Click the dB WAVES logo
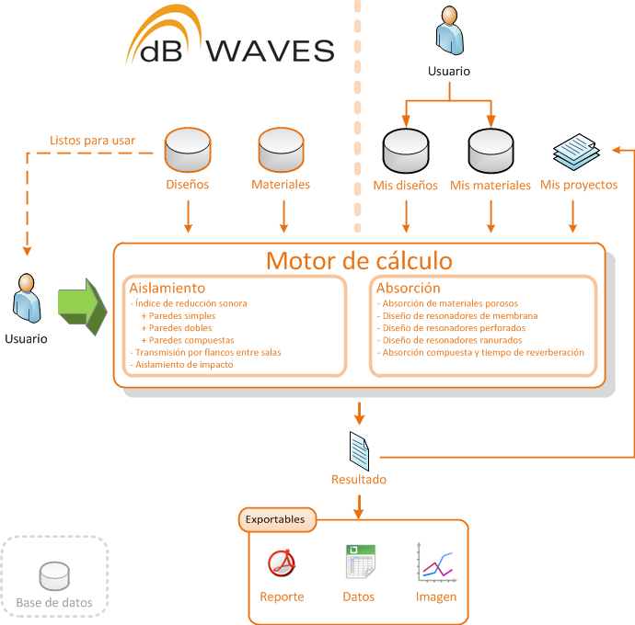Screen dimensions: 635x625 click(230, 36)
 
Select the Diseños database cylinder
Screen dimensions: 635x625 click(188, 150)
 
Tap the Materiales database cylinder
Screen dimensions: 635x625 click(281, 150)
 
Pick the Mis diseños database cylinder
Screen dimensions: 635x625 click(406, 151)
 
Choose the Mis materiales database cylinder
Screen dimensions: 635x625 click(491, 151)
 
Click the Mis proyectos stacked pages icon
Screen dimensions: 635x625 click(576, 152)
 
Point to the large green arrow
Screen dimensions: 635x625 click(83, 307)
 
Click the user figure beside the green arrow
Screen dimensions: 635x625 click(27, 298)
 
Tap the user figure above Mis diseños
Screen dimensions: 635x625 click(449, 30)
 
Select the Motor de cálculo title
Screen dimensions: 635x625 click(359, 261)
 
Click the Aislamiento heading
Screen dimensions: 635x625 click(167, 288)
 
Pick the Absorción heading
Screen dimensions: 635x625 click(409, 288)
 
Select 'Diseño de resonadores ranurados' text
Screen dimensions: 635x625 click(453, 340)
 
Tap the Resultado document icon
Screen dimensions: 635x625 click(359, 451)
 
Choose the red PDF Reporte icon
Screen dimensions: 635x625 click(282, 562)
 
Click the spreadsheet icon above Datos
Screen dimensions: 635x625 click(361, 562)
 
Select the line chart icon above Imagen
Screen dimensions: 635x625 click(436, 562)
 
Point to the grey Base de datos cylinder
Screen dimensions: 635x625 click(54, 576)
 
